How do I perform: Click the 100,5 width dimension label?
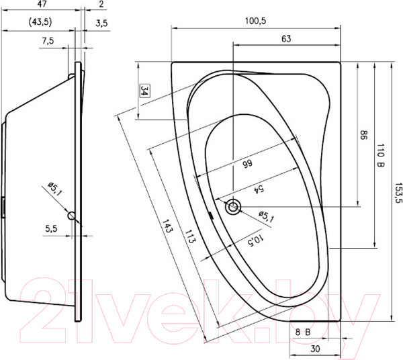pos(256,21)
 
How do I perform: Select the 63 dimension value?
pos(286,39)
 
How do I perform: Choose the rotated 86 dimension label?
pos(363,134)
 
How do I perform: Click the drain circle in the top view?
pos(234,207)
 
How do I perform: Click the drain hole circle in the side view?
pos(73,215)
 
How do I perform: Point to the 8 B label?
pos(301,330)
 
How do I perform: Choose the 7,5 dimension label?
pos(48,41)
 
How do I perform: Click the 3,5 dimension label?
pos(101,23)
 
